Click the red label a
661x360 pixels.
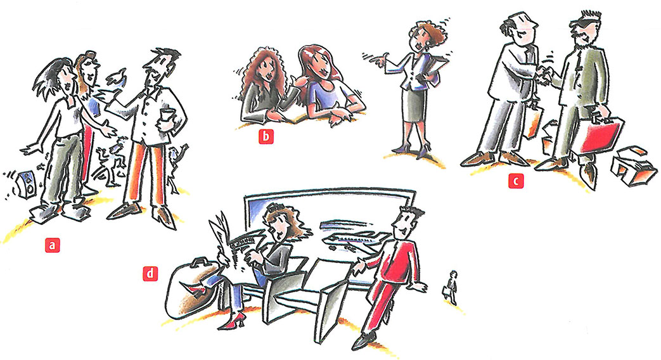[x=52, y=245]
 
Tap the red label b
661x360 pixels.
[x=266, y=136]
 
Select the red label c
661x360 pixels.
[x=516, y=181]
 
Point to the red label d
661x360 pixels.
[x=150, y=274]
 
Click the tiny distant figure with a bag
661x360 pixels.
[x=451, y=288]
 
